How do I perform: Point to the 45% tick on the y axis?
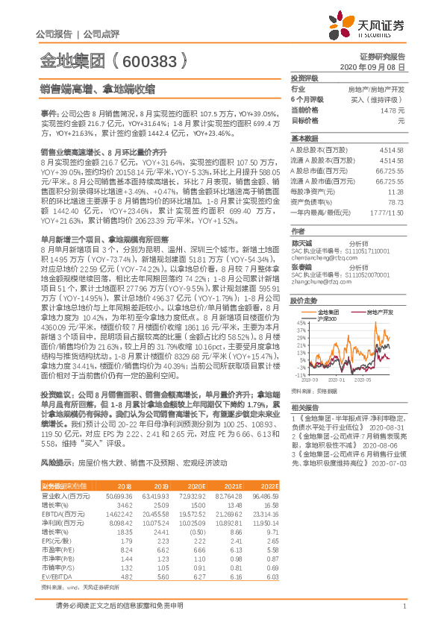300,302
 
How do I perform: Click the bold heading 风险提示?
57,462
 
